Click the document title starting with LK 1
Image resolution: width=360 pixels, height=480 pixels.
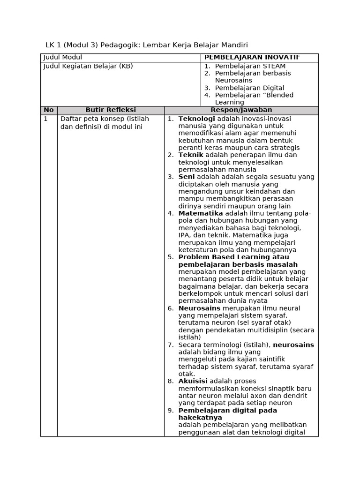[x=146, y=45]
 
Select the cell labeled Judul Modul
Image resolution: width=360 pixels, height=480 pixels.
[x=63, y=57]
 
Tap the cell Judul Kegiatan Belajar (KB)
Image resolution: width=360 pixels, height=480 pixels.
[x=88, y=66]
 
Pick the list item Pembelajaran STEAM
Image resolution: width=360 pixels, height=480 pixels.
[x=250, y=66]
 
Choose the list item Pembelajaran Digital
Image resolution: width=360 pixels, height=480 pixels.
[x=249, y=88]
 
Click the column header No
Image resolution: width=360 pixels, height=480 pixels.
[x=49, y=110]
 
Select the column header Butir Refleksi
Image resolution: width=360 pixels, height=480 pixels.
[x=111, y=110]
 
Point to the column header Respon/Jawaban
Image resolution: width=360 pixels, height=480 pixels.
[x=241, y=110]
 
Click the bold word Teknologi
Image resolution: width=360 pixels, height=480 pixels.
[x=196, y=119]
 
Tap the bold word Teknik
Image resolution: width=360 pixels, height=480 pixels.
[x=191, y=155]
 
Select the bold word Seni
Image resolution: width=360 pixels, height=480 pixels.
[x=187, y=177]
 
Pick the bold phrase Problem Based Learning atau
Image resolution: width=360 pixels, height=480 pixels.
[x=233, y=257]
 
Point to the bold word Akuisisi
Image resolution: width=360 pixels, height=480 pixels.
[x=193, y=381]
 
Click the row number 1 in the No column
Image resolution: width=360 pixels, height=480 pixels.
[x=46, y=119]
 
